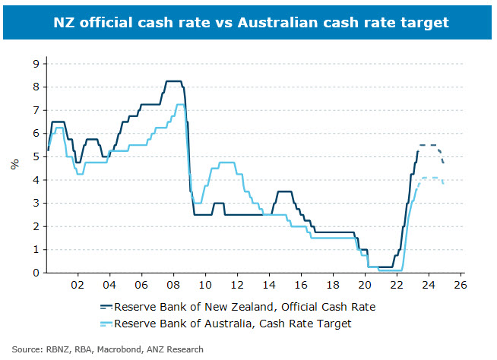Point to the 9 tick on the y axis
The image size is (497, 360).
35,64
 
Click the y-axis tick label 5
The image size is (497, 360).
35,157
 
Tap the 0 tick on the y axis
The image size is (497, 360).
35,273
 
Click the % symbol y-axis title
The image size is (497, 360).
14,163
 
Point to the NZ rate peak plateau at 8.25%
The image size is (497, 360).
173,81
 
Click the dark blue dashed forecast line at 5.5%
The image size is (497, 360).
428,145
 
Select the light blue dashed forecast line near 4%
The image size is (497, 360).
430,178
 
